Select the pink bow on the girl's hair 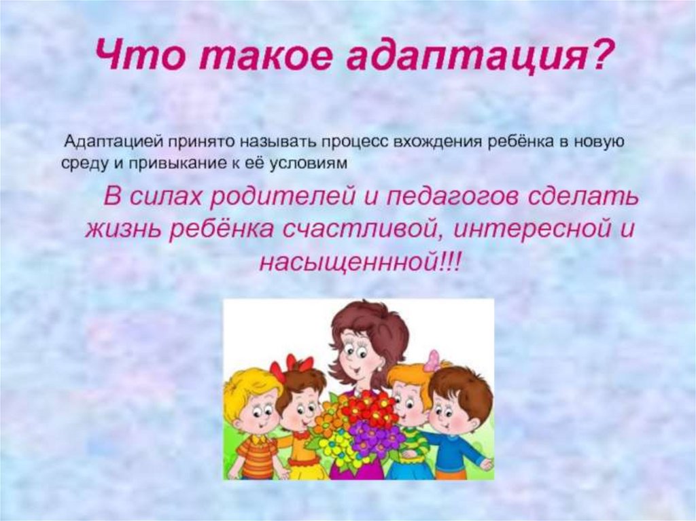tap(432, 360)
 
